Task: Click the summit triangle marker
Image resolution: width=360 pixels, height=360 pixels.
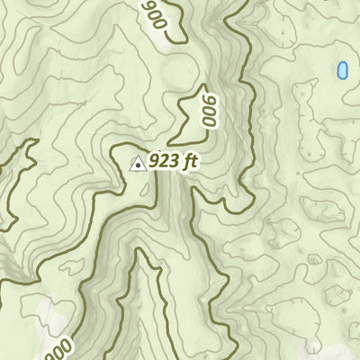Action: point(139,163)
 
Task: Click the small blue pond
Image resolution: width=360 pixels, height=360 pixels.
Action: point(342,69)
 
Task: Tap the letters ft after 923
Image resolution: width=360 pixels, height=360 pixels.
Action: point(189,162)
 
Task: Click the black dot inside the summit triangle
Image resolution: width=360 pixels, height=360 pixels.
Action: point(139,165)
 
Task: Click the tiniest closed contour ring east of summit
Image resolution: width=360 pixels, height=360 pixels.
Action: point(313,259)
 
